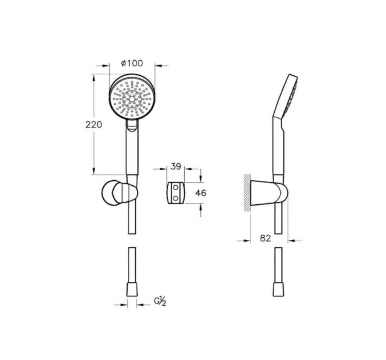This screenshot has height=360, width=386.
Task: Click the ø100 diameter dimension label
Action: point(132,63)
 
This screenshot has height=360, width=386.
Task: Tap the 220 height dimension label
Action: point(93,125)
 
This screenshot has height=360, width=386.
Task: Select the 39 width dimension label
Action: point(176,166)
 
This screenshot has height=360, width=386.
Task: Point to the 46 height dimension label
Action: point(201,193)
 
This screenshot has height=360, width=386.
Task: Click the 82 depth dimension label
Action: point(265,238)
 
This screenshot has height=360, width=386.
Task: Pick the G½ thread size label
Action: point(160,301)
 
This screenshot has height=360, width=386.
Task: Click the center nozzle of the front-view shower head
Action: point(132,99)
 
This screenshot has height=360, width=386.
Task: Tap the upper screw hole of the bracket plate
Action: point(175,188)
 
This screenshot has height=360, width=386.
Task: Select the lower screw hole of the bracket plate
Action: point(175,198)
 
